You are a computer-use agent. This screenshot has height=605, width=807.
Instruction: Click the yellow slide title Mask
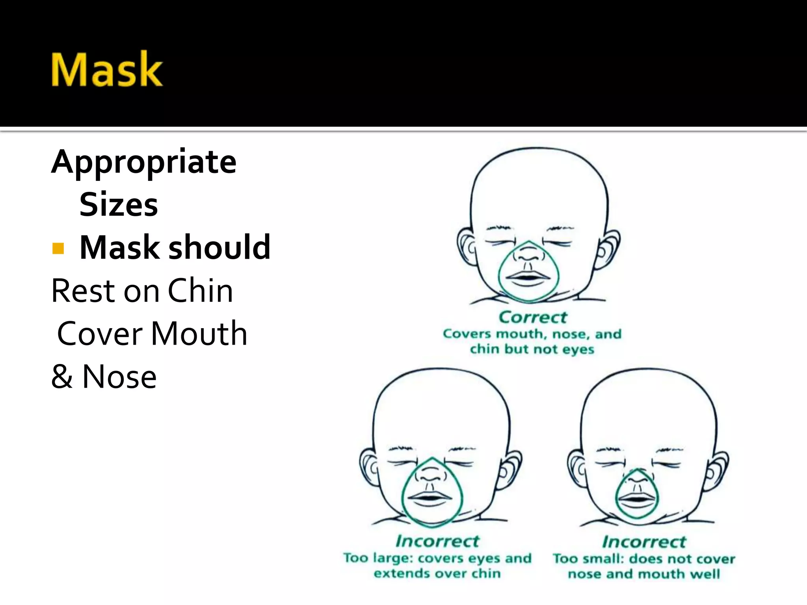[x=106, y=69]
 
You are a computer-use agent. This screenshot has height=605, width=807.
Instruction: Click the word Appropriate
[x=144, y=162]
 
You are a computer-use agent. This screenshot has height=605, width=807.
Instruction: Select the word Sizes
[x=119, y=205]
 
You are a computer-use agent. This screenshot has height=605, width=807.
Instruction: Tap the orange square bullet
[x=58, y=249]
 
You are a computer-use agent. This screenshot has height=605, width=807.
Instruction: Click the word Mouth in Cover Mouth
[x=199, y=334]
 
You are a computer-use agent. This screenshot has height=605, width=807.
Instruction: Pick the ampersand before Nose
[x=62, y=377]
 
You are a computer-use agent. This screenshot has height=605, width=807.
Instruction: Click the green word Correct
[x=532, y=317]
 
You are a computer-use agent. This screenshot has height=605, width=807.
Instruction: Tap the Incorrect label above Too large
[x=437, y=541]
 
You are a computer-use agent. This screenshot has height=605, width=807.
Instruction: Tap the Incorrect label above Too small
[x=644, y=542]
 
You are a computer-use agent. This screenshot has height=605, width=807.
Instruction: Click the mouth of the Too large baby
[x=431, y=497]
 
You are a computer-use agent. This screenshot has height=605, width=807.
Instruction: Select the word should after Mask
[x=219, y=247]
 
